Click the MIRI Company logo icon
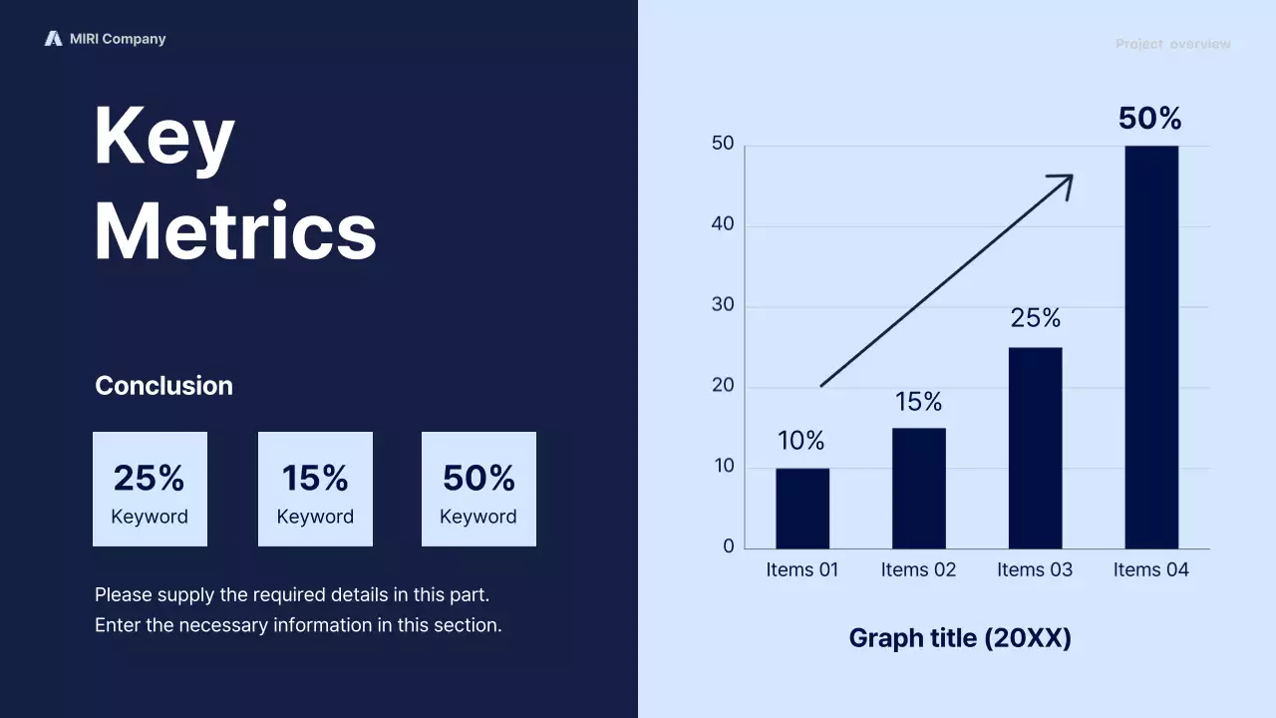click(x=53, y=39)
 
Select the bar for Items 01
click(x=801, y=508)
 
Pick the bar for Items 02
click(x=918, y=488)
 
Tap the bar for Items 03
click(x=1035, y=448)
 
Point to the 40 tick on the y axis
click(x=723, y=225)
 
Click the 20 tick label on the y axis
click(x=723, y=387)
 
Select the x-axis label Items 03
click(x=1035, y=570)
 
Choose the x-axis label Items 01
click(x=801, y=570)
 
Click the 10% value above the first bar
click(x=801, y=441)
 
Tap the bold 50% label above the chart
click(x=1149, y=119)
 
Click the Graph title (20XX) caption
click(x=959, y=638)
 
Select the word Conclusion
click(x=163, y=386)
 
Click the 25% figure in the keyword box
click(x=149, y=479)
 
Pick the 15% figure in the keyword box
click(x=314, y=479)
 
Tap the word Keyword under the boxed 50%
click(x=478, y=517)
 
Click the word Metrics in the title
click(x=235, y=231)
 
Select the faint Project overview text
click(x=1172, y=44)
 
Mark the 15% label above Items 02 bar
click(x=918, y=402)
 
